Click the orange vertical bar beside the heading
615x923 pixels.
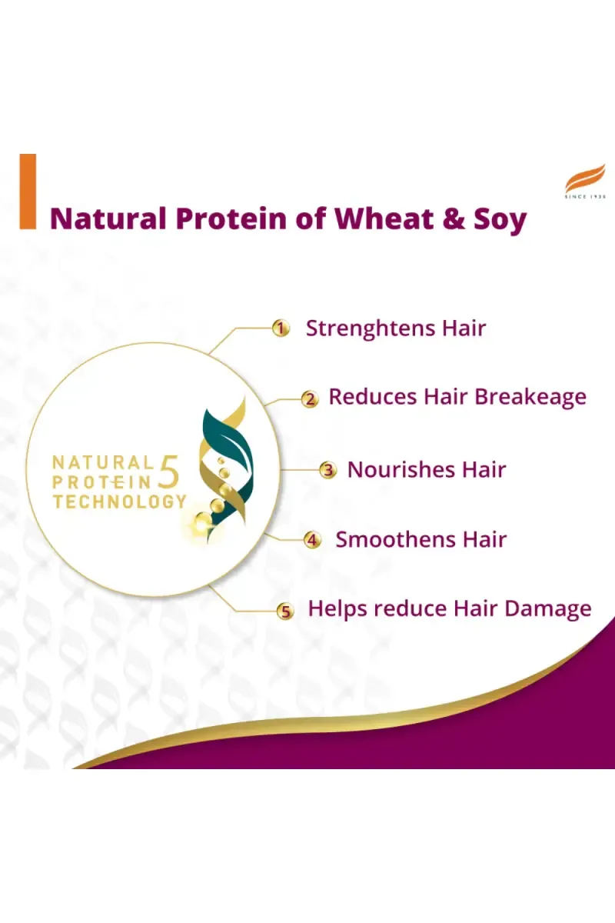pos(28,192)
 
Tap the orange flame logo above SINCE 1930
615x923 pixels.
pos(585,178)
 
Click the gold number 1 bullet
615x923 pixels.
pos(281,329)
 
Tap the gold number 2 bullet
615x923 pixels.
pos(310,399)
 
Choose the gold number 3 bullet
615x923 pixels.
pos(328,470)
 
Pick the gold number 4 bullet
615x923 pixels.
pos(312,540)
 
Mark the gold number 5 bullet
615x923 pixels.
pos(285,611)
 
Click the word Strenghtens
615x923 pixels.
pos(371,329)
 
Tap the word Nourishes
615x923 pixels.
pos(401,469)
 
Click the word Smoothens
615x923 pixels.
pos(396,539)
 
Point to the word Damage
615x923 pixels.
pos(548,610)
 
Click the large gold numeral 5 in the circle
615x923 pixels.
pos(168,471)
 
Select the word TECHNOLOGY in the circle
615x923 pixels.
pos(120,501)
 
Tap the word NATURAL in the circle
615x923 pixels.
pos(102,462)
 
